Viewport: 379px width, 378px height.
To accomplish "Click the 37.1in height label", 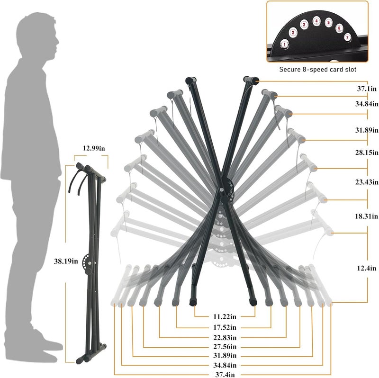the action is (367, 89).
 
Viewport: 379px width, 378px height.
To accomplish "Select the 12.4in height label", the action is (366, 268).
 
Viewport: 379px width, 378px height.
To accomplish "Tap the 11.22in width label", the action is (225, 316).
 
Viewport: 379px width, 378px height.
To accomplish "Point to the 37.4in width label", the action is (225, 375).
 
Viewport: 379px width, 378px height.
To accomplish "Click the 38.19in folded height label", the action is (66, 261).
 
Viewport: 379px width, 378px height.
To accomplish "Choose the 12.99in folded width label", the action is (94, 148).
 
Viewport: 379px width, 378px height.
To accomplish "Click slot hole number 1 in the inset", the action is (285, 45).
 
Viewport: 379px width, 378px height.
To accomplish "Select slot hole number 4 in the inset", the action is (316, 21).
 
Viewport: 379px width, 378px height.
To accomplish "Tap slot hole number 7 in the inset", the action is (347, 37).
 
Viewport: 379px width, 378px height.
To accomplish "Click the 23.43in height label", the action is (367, 182).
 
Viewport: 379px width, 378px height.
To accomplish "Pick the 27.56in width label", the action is (225, 347).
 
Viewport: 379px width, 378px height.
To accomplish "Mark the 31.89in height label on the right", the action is (367, 130).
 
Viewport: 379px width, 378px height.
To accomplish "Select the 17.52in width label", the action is (225, 327).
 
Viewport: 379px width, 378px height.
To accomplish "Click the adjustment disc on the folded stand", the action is (88, 263).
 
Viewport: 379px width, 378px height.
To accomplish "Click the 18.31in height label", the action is (366, 216).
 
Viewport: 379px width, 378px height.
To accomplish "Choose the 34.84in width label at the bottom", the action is (225, 365).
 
